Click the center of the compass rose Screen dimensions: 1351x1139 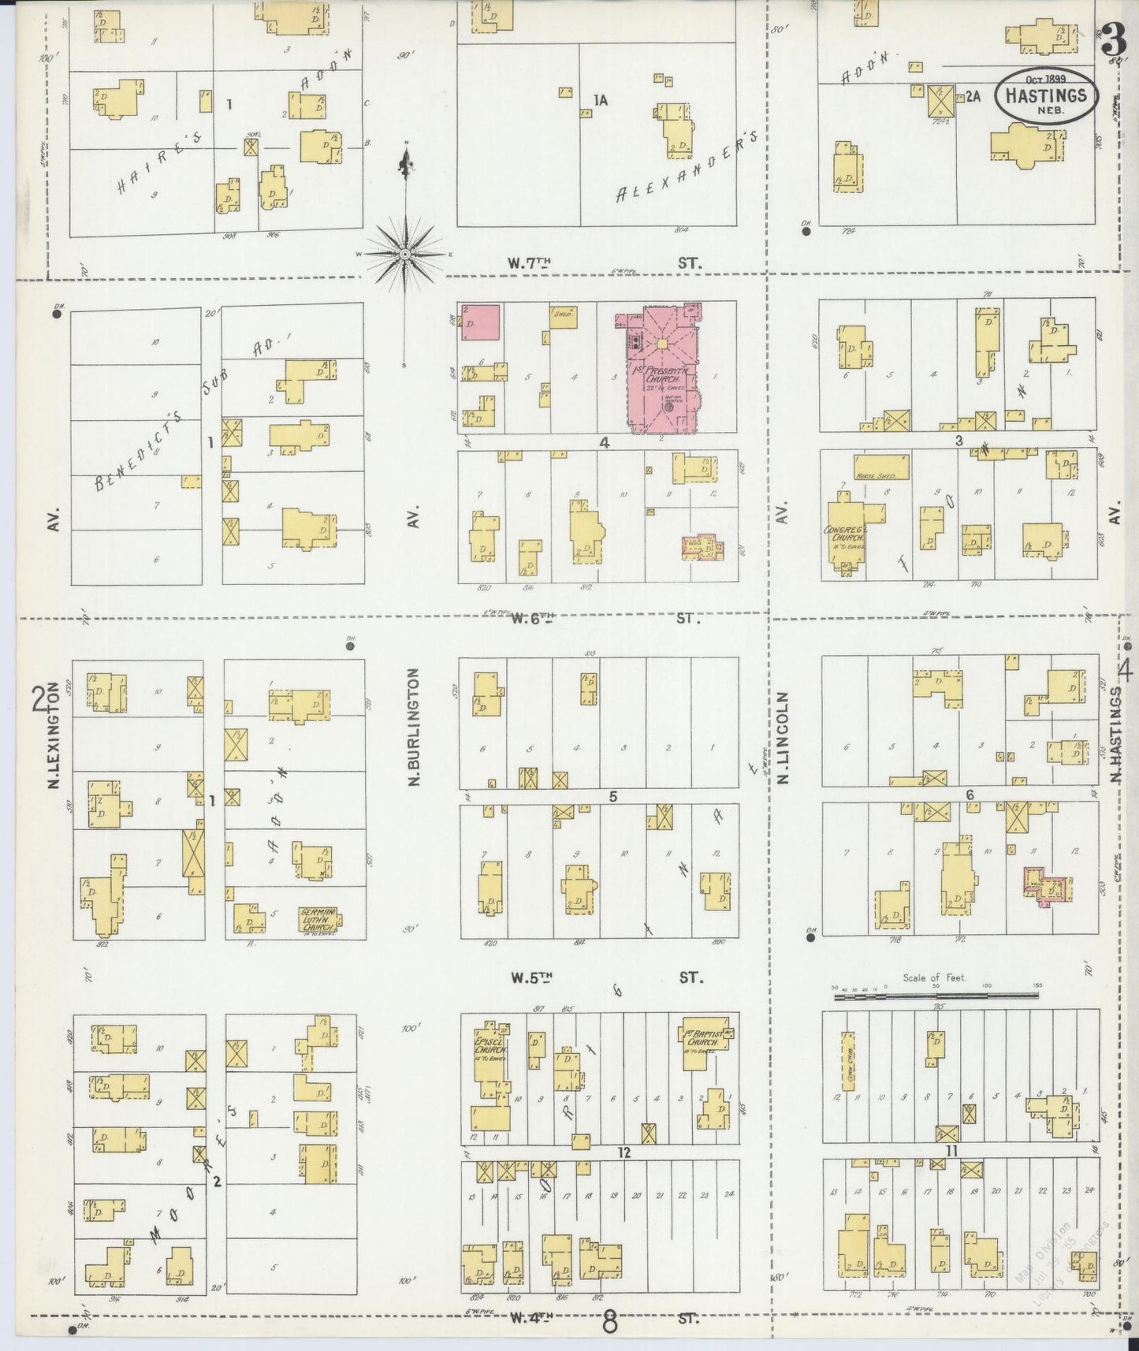[404, 254]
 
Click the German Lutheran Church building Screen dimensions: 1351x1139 [318, 920]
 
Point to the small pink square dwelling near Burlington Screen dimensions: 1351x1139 [479, 322]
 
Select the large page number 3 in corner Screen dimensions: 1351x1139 [1112, 35]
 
